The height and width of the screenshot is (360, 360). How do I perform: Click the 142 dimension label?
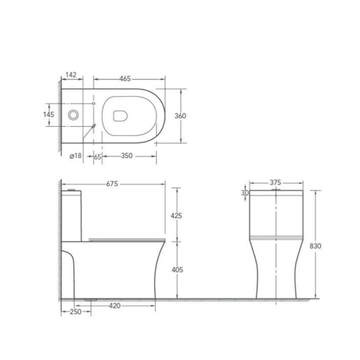tap(71, 75)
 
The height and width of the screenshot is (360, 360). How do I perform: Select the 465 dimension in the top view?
tap(125, 79)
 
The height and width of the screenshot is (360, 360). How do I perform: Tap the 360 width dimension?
tap(180, 116)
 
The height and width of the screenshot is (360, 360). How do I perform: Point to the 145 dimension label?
tap(49, 114)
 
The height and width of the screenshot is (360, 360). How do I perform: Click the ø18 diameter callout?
tap(76, 156)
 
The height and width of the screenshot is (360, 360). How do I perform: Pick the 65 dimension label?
tap(98, 157)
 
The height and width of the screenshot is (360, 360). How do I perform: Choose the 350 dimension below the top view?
tap(127, 156)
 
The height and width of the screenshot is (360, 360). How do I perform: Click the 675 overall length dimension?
tap(112, 184)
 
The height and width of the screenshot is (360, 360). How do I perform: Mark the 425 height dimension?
tap(176, 216)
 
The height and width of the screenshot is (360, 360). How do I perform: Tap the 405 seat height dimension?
tap(177, 270)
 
